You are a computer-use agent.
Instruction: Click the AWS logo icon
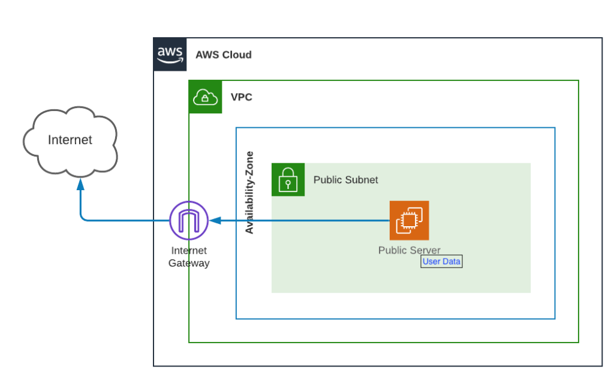click(x=170, y=54)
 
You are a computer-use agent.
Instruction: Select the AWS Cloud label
click(x=223, y=55)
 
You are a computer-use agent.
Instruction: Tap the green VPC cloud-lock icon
click(x=205, y=97)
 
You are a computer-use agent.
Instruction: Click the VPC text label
click(x=241, y=97)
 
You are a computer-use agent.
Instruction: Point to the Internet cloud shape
click(x=70, y=142)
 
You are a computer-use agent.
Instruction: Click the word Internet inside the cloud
click(x=70, y=140)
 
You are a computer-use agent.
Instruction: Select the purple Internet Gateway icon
click(x=188, y=221)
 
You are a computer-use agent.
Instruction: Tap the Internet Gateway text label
click(x=189, y=257)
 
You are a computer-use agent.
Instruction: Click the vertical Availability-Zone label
click(x=249, y=192)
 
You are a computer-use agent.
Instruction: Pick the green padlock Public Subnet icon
click(x=288, y=179)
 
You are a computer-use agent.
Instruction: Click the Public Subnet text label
click(x=345, y=180)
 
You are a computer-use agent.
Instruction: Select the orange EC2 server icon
click(x=409, y=220)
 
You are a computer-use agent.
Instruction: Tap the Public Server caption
click(x=409, y=250)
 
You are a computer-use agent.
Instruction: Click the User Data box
click(x=441, y=262)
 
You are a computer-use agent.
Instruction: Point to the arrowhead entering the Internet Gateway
click(x=213, y=221)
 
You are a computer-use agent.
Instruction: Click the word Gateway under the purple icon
click(x=189, y=263)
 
